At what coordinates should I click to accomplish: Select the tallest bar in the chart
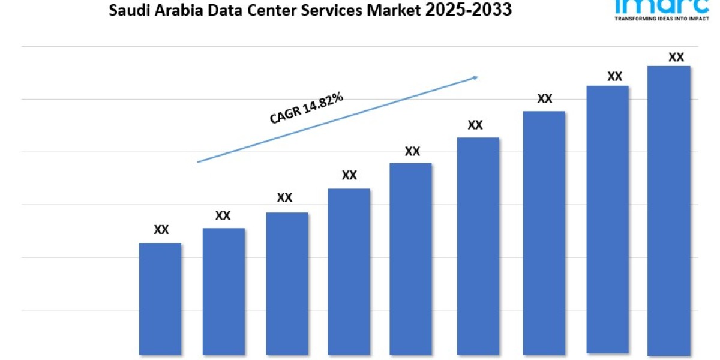coord(669,211)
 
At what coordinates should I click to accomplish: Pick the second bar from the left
coord(223,292)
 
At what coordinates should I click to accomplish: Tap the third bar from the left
coord(287,284)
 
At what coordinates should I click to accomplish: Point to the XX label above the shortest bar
coord(161,230)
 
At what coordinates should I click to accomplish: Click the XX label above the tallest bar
coord(676,58)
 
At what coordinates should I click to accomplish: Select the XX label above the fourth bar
coord(349,175)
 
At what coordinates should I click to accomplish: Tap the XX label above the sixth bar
coord(475,125)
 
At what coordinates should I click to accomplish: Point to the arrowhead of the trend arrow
coord(475,77)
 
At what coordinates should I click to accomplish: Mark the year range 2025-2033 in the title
coord(470,10)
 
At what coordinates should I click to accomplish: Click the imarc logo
coord(658,6)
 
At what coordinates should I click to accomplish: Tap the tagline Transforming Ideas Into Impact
coord(658,19)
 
